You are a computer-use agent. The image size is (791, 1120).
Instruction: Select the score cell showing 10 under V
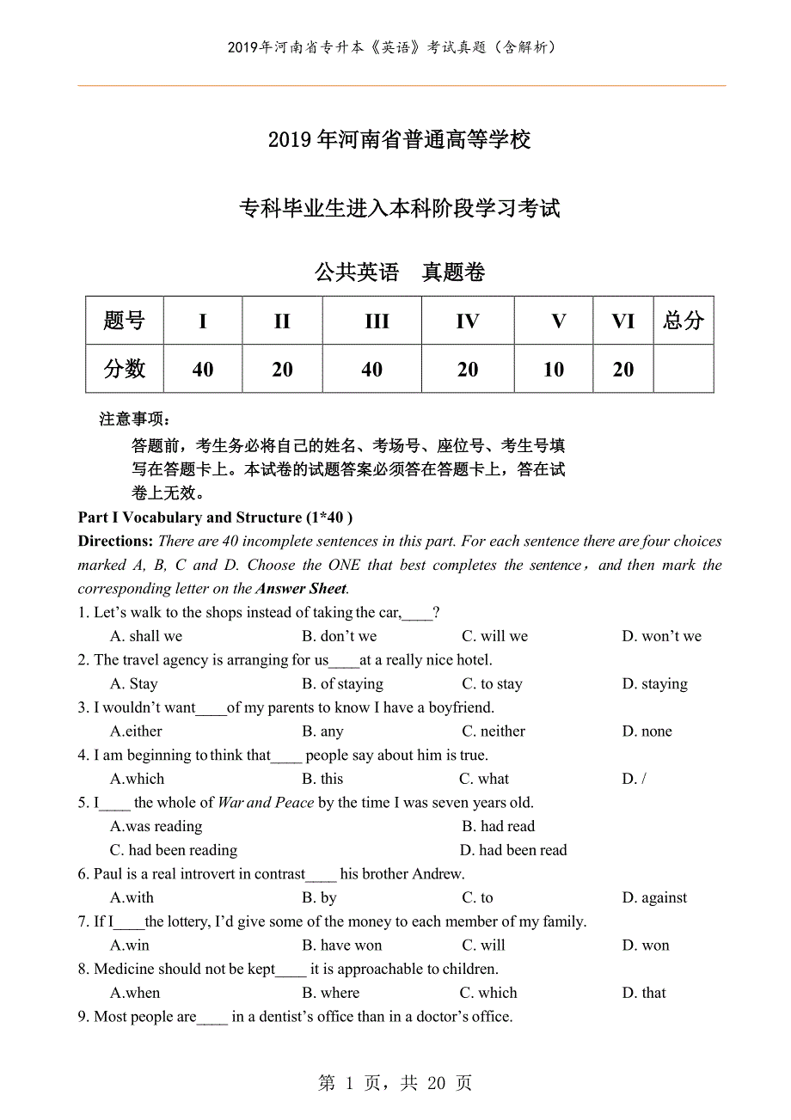554,370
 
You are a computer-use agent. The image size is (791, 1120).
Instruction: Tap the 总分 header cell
684,321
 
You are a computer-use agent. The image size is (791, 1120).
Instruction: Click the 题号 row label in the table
124,321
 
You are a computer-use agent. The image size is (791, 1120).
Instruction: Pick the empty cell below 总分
684,370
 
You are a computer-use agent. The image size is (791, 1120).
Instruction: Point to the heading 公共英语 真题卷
400,272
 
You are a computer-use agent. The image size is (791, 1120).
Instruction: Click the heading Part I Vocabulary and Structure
215,517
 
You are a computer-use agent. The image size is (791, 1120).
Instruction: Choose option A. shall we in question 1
146,637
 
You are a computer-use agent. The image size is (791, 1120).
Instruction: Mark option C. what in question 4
484,780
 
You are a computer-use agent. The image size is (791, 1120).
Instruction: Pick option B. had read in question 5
498,827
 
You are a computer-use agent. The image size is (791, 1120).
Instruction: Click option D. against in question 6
654,898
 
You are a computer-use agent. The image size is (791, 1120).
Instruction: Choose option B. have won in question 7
341,946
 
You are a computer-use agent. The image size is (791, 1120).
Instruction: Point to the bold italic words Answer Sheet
301,589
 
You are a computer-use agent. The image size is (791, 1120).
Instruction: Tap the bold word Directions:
116,542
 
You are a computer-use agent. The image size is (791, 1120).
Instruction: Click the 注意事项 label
135,419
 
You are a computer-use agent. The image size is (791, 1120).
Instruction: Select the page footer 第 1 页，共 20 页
395,1083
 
